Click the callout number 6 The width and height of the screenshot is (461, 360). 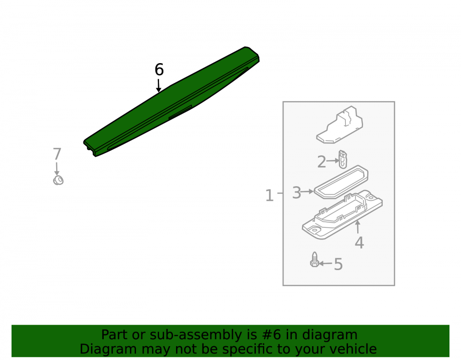(x=159, y=70)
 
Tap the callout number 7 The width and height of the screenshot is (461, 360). (x=57, y=154)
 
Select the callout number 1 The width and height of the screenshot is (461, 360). (x=269, y=195)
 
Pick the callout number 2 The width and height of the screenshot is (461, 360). (x=322, y=162)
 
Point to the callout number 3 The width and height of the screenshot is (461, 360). (x=296, y=193)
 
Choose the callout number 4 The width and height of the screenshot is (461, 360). (x=359, y=243)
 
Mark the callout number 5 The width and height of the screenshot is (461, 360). (x=338, y=264)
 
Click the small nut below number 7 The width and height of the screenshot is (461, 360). (x=58, y=180)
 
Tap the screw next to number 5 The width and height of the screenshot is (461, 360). (x=314, y=260)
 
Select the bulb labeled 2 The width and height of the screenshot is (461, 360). (x=343, y=159)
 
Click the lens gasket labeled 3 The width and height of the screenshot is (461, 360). (x=341, y=182)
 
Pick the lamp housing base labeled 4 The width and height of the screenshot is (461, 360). (x=343, y=214)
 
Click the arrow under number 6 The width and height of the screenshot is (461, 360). (x=159, y=85)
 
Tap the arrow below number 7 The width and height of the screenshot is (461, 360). (x=57, y=169)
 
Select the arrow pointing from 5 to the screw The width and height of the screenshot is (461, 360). (x=326, y=264)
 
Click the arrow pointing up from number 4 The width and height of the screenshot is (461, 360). (x=358, y=227)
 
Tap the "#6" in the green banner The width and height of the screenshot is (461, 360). (x=270, y=335)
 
